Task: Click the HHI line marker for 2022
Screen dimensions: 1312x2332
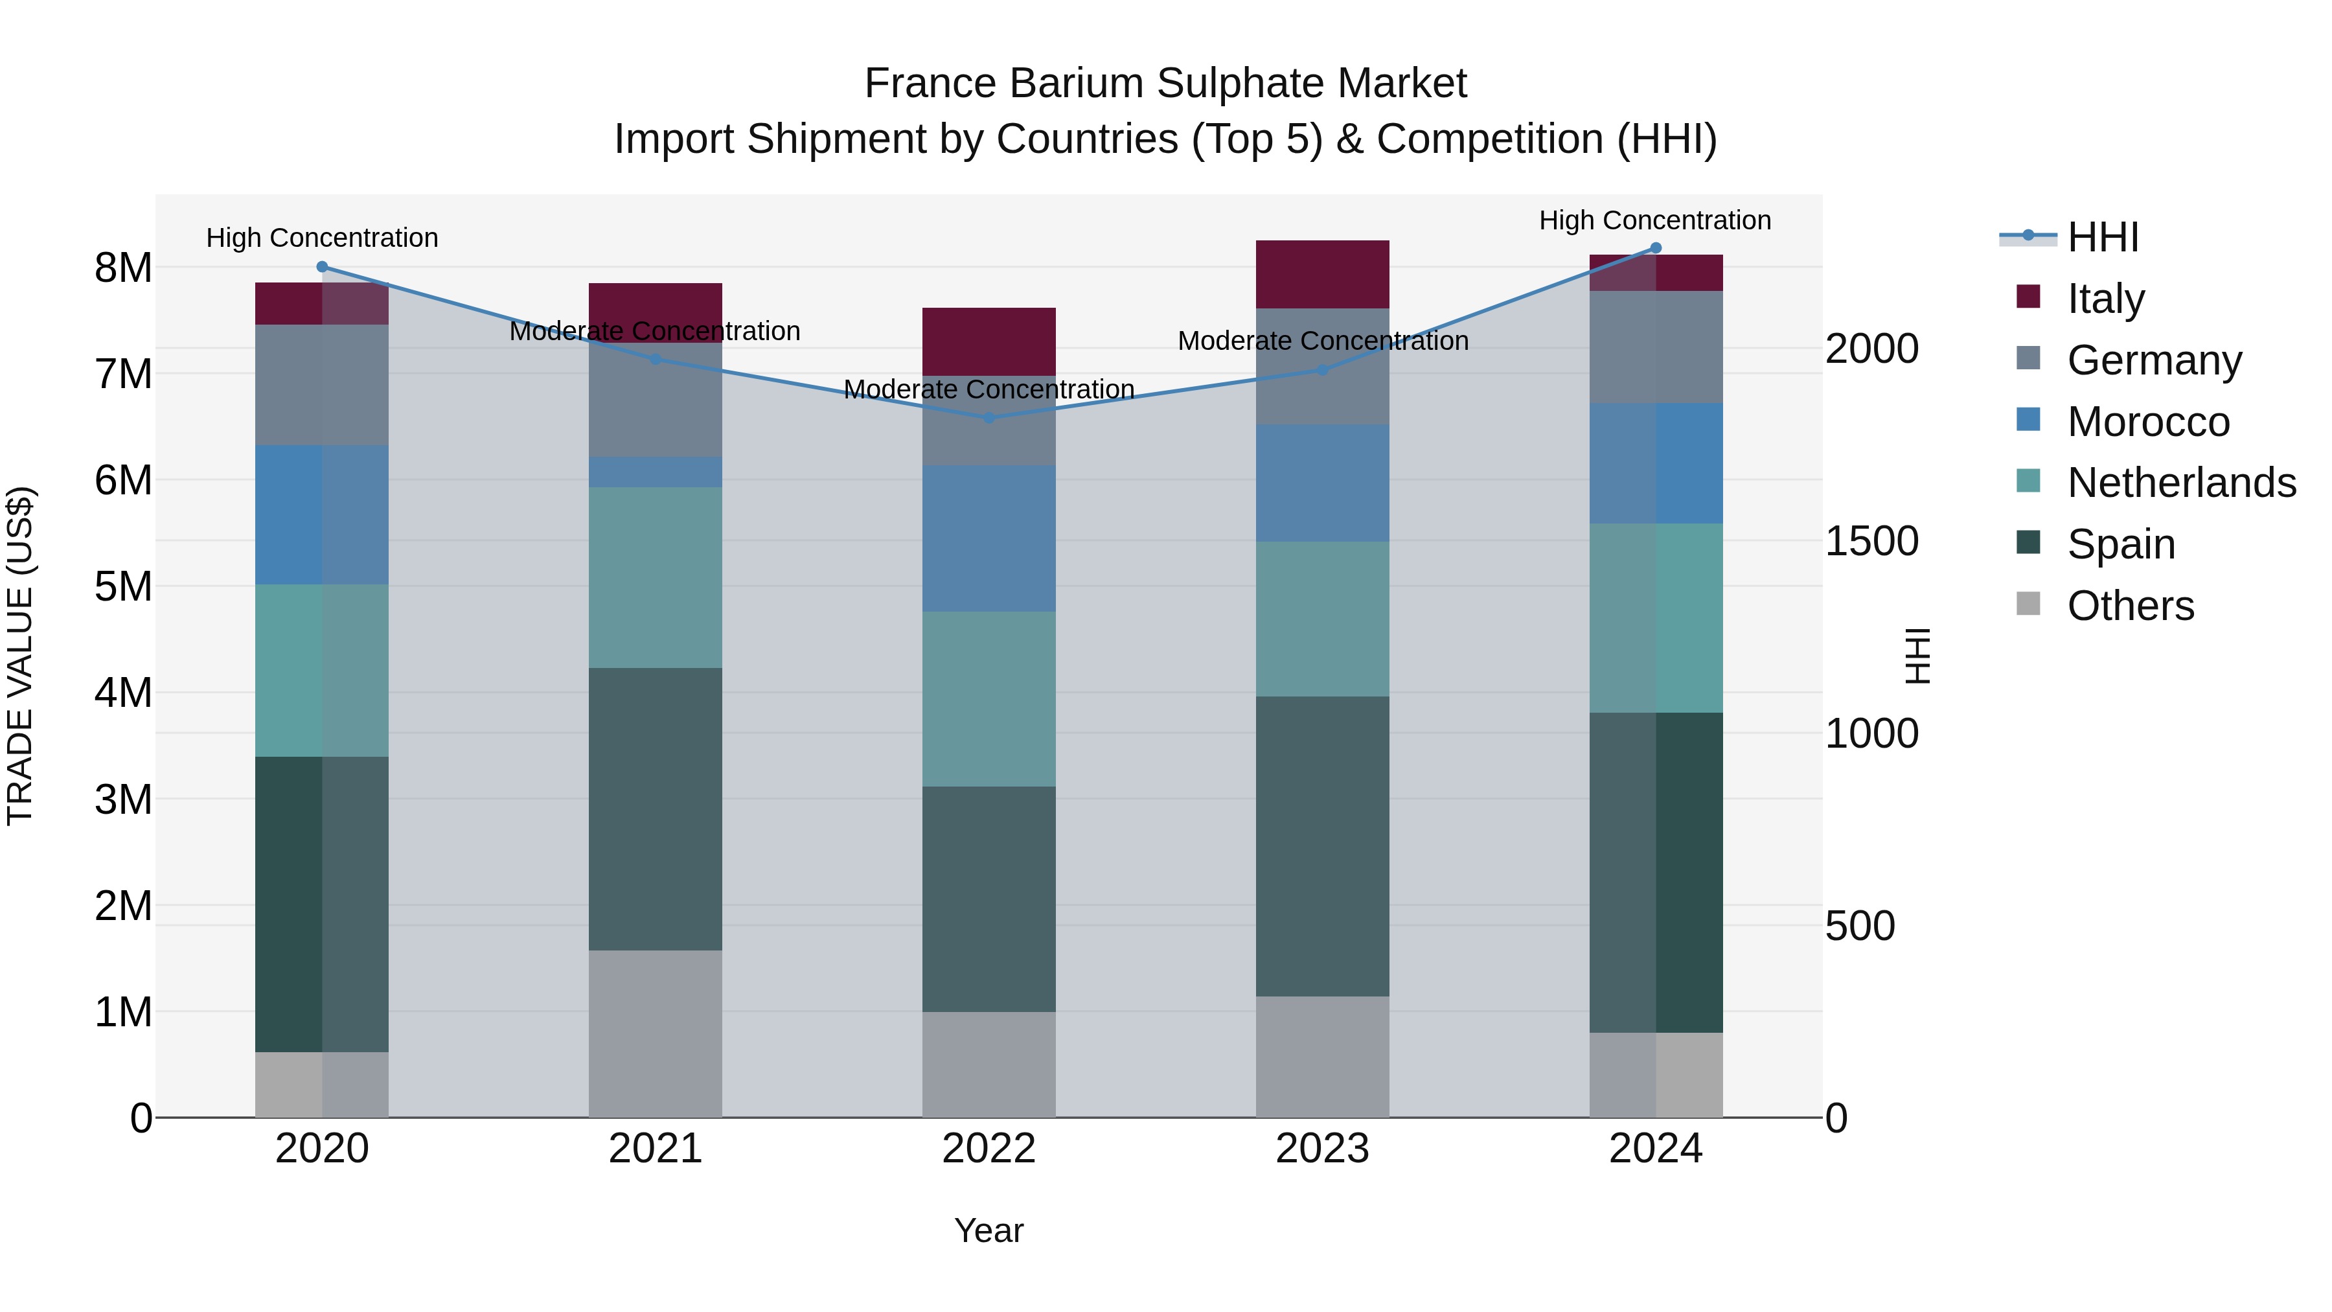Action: coord(989,417)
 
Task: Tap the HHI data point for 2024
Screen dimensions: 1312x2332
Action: coord(1656,248)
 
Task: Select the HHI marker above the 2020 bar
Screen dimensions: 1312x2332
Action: coord(323,267)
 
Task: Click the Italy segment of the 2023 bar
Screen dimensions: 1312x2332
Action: coord(1321,274)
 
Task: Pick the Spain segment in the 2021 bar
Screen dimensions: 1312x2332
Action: coord(656,809)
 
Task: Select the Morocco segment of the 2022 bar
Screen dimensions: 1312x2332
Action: coord(989,539)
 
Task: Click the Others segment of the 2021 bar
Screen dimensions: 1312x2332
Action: coord(656,1033)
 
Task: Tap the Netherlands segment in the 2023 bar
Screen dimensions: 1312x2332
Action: coord(1321,619)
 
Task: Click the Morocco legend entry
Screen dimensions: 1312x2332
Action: coord(2148,422)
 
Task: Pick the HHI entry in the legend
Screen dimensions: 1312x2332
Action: coord(2103,237)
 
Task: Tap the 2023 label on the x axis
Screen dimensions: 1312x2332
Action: coord(1321,1149)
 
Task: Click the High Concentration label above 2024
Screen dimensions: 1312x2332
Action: coord(1655,220)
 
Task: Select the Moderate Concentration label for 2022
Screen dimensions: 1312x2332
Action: coord(989,389)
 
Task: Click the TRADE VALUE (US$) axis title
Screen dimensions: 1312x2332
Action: coord(20,656)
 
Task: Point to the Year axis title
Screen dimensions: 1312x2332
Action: coord(989,1230)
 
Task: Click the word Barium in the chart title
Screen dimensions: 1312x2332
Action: coord(1077,84)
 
